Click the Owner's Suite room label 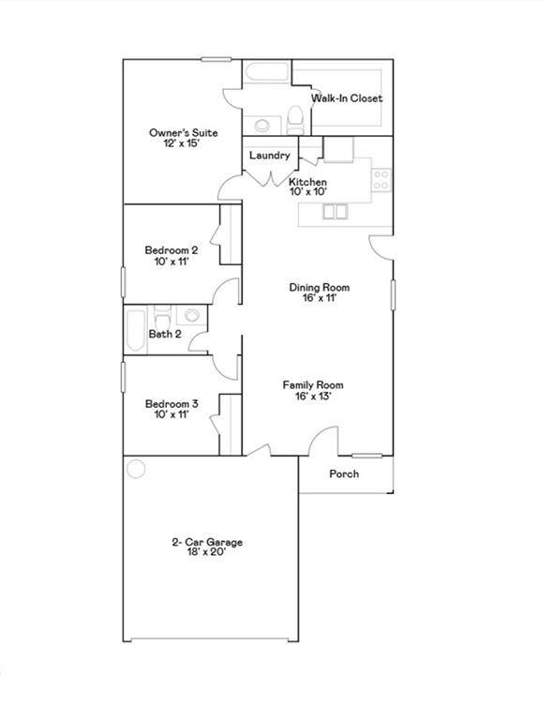click(184, 133)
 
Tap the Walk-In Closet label click(347, 97)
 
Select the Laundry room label click(269, 156)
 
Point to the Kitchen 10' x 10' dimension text click(308, 192)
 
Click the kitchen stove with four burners click(381, 180)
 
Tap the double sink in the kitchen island click(335, 212)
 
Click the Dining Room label click(320, 288)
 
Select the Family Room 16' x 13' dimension click(312, 397)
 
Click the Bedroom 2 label click(172, 250)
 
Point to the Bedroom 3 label click(172, 404)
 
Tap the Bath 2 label click(165, 335)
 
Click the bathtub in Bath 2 click(135, 331)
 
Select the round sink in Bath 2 click(192, 315)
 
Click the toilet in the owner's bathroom click(294, 120)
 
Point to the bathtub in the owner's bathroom click(266, 71)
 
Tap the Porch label click(344, 473)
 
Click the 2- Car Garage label click(207, 542)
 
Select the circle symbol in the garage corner click(136, 469)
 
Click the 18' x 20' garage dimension click(206, 552)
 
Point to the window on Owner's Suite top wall click(217, 59)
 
